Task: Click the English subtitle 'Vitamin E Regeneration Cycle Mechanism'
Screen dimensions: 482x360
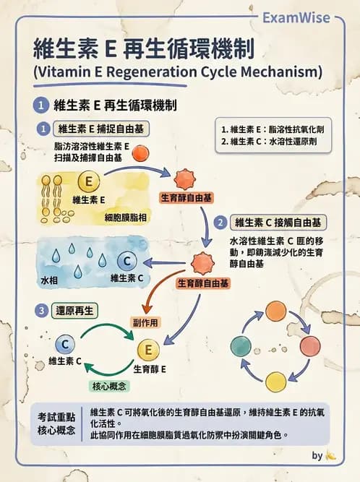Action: pyautogui.click(x=177, y=72)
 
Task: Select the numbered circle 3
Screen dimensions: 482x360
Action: pyautogui.click(x=43, y=311)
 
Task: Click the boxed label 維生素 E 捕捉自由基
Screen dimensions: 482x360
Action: pyautogui.click(x=100, y=129)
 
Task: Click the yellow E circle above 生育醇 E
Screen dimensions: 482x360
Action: pyautogui.click(x=148, y=351)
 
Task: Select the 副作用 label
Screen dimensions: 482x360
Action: pyautogui.click(x=145, y=322)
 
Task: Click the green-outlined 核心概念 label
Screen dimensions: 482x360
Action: pyautogui.click(x=108, y=387)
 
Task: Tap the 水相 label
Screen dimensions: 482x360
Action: pyautogui.click(x=49, y=278)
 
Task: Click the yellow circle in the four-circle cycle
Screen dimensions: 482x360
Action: pyautogui.click(x=276, y=381)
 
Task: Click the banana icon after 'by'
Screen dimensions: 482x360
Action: pyautogui.click(x=331, y=456)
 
